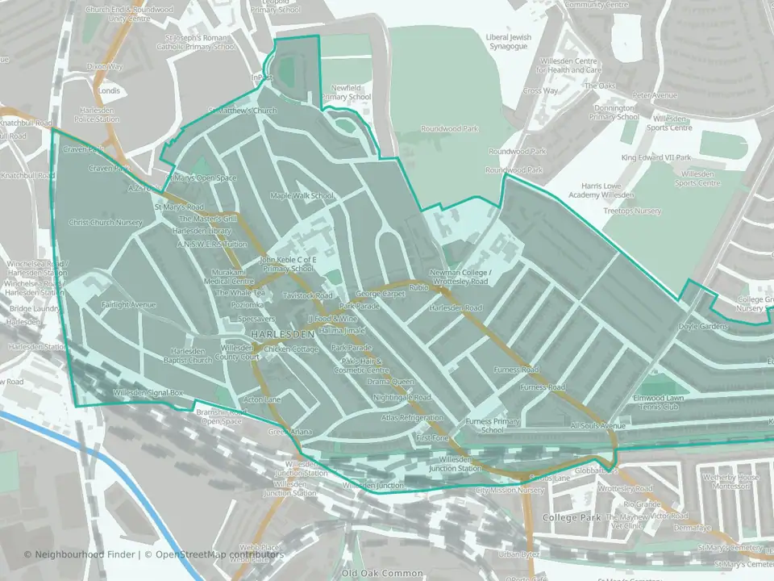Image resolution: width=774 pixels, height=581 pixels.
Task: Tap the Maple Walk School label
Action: pyautogui.click(x=302, y=195)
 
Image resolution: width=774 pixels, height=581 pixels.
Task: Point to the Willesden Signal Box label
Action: pyautogui.click(x=148, y=393)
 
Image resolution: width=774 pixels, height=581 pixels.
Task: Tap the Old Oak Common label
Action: pyautogui.click(x=382, y=573)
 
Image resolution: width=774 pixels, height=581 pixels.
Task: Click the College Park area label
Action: pyautogui.click(x=570, y=517)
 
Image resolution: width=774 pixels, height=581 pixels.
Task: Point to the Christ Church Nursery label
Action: pyautogui.click(x=105, y=223)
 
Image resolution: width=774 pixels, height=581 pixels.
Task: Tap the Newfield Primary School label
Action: pyautogui.click(x=347, y=92)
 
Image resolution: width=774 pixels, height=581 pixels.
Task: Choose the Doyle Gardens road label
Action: pyautogui.click(x=703, y=327)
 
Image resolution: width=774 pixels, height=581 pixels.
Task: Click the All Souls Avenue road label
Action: pyautogui.click(x=597, y=425)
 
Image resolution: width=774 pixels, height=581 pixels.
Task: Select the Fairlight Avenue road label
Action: pyautogui.click(x=129, y=305)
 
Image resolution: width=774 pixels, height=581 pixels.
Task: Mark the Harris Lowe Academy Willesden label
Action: pyautogui.click(x=601, y=190)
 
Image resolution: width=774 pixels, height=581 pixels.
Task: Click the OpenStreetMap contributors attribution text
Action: pyautogui.click(x=219, y=554)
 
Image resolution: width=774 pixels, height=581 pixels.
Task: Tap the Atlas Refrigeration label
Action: pyautogui.click(x=413, y=418)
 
